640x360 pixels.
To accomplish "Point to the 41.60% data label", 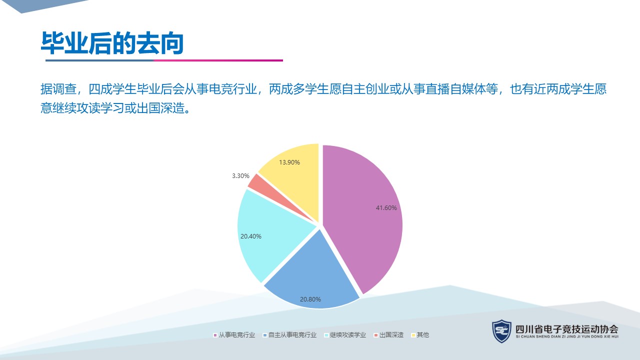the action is [x=386, y=208].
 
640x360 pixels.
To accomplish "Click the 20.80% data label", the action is [x=310, y=299].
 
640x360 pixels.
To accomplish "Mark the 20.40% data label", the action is [x=251, y=236].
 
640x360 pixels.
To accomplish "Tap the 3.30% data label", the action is [x=240, y=175].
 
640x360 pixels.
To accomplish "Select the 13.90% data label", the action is [x=289, y=162].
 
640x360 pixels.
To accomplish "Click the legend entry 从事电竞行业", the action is [x=234, y=335].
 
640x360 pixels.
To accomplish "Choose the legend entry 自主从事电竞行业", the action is [x=289, y=335].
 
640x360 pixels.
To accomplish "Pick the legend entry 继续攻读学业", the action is [x=345, y=335].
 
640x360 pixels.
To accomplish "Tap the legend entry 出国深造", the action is [x=388, y=335].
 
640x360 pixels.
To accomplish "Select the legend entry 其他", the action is [x=420, y=335].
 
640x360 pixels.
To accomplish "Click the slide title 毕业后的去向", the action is [x=112, y=43].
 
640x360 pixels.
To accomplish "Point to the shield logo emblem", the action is [x=501, y=331].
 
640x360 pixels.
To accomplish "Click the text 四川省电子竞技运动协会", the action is [x=567, y=329].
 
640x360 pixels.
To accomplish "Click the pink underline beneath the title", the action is [x=218, y=60].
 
